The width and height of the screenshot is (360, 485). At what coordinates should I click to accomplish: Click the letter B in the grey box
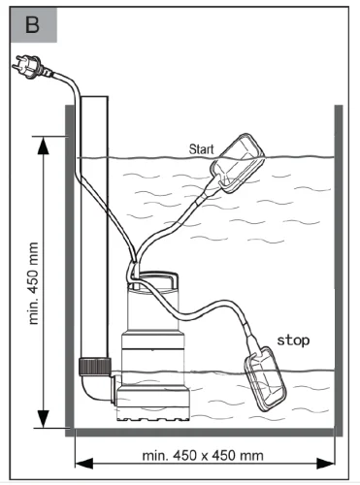coord(32,25)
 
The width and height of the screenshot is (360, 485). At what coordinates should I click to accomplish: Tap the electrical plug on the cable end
coord(27,67)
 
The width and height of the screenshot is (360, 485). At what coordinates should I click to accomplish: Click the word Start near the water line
coord(201,149)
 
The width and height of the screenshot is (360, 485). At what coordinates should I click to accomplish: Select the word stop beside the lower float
coord(293,340)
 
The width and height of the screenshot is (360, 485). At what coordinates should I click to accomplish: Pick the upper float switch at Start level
coord(237,163)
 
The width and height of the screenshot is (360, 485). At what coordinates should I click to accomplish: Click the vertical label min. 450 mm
coord(33,283)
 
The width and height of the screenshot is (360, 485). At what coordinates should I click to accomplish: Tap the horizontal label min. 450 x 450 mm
coord(203,456)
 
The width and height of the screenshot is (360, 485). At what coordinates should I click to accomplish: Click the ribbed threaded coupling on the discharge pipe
coord(95,367)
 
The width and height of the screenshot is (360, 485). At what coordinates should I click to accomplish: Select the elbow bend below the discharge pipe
coord(97,388)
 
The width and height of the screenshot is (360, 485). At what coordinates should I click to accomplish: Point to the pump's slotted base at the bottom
coord(153,415)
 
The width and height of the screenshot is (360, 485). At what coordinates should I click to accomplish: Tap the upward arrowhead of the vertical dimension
coord(44,146)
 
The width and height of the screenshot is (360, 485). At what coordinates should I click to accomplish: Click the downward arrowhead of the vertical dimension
coord(44,419)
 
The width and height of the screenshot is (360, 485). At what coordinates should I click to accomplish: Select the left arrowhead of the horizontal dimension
coord(84,464)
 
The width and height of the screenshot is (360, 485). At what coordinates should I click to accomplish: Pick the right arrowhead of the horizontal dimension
coord(326,464)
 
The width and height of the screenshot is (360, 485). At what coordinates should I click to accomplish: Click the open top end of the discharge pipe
coord(94,97)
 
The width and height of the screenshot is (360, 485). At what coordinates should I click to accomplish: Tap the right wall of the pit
coord(339,270)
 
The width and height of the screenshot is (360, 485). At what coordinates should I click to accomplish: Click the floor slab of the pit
coord(204,433)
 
